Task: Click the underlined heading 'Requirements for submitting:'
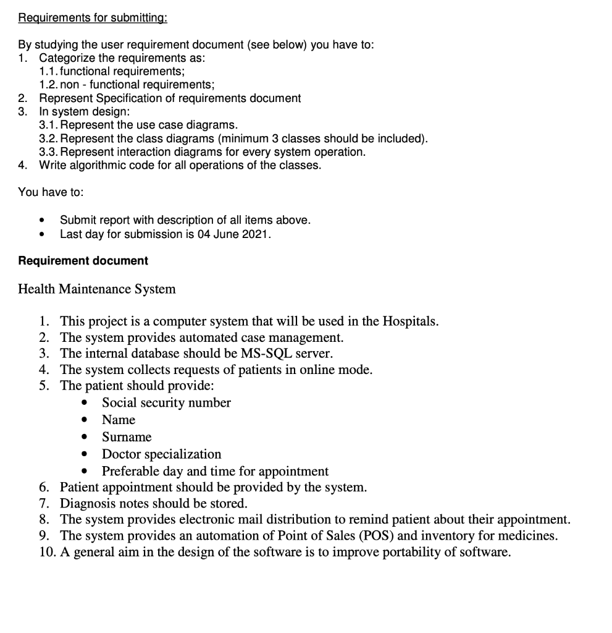tap(93, 17)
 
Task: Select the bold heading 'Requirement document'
tap(83, 261)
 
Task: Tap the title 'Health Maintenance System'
tap(97, 289)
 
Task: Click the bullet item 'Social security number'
tap(166, 403)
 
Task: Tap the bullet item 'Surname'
tap(127, 437)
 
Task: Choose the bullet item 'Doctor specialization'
tap(161, 454)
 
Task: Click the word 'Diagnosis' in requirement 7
tap(86, 503)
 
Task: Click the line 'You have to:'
tap(51, 192)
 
